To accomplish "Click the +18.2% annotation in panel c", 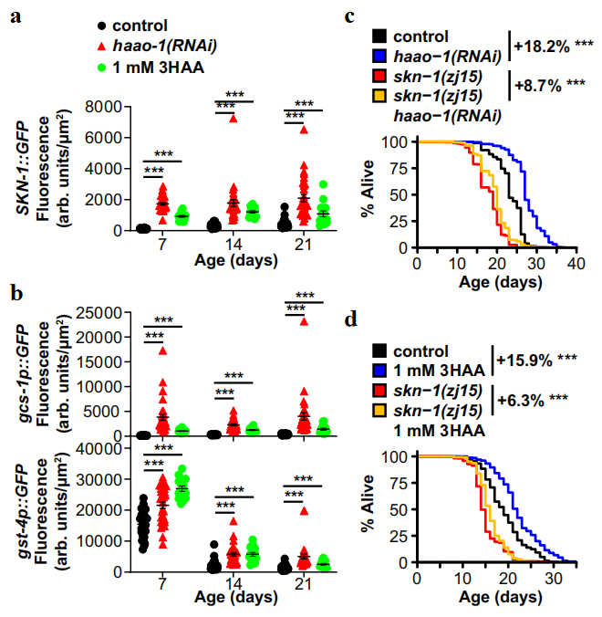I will (x=545, y=43).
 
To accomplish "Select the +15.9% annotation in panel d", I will (x=536, y=360).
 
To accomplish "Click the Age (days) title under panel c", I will (x=493, y=282).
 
